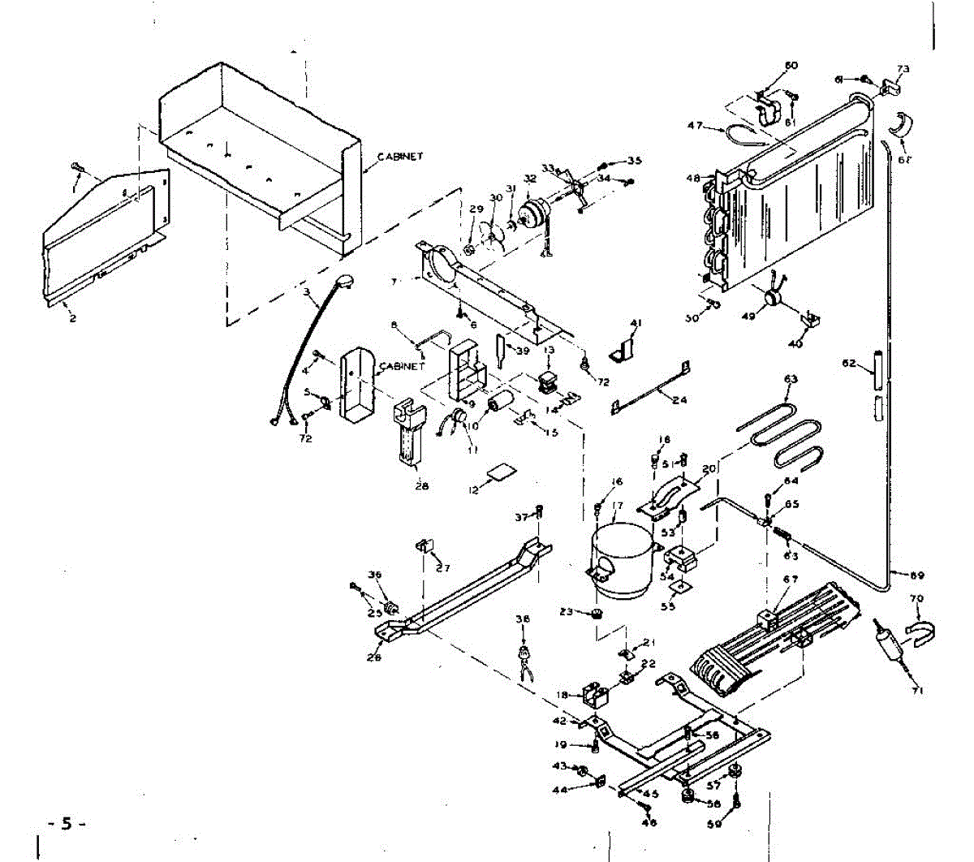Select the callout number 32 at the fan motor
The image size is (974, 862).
click(530, 179)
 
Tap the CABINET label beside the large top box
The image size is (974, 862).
click(400, 157)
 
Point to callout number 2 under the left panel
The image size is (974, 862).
click(72, 319)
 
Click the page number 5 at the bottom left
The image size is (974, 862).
click(67, 824)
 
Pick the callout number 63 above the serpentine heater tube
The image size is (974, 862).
click(791, 379)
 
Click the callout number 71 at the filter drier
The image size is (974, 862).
click(918, 691)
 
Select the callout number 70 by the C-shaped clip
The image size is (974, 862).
click(917, 598)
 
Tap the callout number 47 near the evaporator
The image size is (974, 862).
click(695, 126)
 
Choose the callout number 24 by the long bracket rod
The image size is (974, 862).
click(679, 399)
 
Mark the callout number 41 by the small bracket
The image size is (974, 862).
click(636, 323)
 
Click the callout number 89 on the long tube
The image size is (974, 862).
click(917, 576)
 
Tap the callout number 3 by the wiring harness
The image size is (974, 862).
click(306, 291)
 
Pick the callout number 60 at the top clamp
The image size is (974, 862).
click(791, 65)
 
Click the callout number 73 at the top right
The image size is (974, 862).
click(903, 68)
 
